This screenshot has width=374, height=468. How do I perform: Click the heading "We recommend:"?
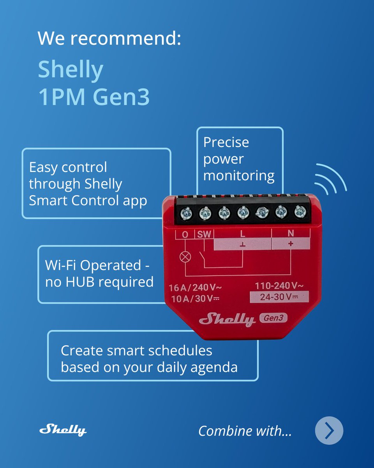coord(109,39)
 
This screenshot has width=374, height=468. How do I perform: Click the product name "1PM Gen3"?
coord(94,97)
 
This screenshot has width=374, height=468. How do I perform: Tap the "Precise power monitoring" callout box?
coord(239,159)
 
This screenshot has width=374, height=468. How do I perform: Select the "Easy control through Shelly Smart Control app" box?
coord(96,183)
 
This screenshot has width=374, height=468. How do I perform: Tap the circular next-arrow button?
coord(329,431)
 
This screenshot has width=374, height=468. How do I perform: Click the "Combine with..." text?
coord(245,431)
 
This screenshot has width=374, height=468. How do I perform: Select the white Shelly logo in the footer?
coord(63,430)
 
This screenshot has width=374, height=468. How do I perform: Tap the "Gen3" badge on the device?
coord(273,318)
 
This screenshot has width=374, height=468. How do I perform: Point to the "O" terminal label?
coord(185,234)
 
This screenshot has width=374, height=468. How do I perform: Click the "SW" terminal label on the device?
coord(203,234)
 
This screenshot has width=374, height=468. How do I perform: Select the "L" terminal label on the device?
coord(242,234)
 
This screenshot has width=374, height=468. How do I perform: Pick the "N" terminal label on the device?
coord(290,234)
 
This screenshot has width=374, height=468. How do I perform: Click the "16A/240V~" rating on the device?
coord(195,288)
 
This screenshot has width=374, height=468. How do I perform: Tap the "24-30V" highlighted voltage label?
coord(279,297)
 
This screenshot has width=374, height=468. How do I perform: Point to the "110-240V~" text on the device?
coord(279,286)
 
